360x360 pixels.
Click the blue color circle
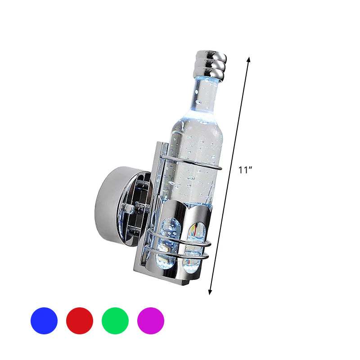pyautogui.click(x=44, y=321)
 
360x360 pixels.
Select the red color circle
pyautogui.click(x=80, y=321)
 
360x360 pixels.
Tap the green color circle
pyautogui.click(x=115, y=321)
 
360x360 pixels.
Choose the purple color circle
pyautogui.click(x=151, y=321)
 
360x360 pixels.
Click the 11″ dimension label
pyautogui.click(x=245, y=170)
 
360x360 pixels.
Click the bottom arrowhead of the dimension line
pyautogui.click(x=210, y=292)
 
